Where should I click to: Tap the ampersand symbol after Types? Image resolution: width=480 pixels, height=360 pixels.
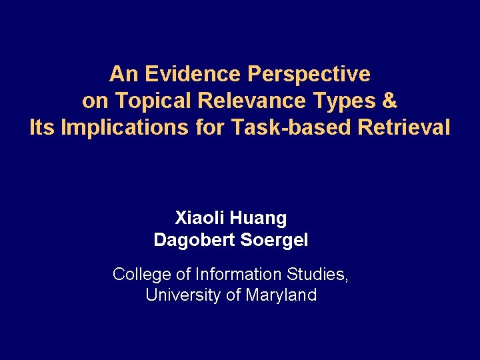coord(391,101)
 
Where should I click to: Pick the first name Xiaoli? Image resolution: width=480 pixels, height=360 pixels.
coord(201,218)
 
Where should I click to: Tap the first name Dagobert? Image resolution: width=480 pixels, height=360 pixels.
coord(192,240)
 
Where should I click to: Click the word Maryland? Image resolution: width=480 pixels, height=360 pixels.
coord(281,295)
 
